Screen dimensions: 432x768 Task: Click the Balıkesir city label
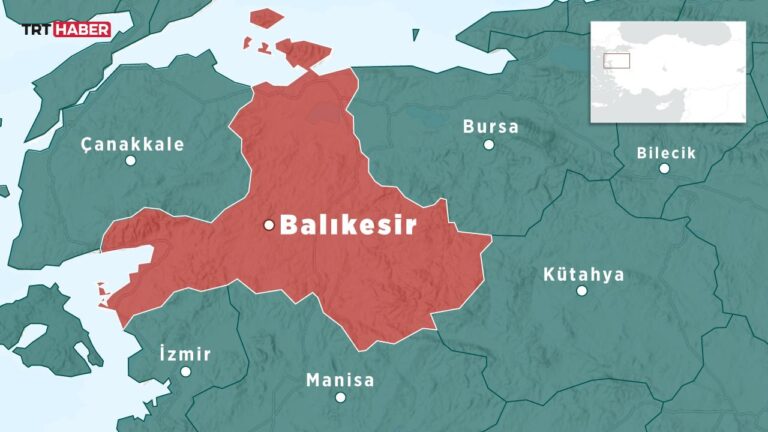347,225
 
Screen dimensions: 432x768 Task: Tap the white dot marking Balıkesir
268,225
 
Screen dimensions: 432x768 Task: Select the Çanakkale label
133,144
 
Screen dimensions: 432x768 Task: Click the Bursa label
490,127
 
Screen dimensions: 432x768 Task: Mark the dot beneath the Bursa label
489,145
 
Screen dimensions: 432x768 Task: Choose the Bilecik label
666,153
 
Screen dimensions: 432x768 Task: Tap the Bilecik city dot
664,169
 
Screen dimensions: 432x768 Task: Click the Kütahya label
583,273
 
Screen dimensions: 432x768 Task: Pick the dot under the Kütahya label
582,291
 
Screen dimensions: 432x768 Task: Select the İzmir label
185,354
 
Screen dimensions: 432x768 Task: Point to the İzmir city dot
185,371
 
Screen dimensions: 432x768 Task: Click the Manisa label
340,380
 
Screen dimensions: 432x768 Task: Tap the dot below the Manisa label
340,397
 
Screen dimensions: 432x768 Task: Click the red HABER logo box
82,30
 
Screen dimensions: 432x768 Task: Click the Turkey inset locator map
668,71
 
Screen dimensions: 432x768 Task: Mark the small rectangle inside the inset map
616,59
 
